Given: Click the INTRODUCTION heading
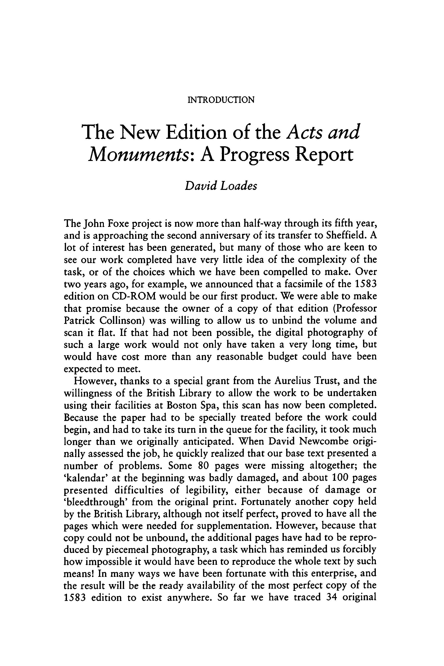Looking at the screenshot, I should (221, 100).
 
